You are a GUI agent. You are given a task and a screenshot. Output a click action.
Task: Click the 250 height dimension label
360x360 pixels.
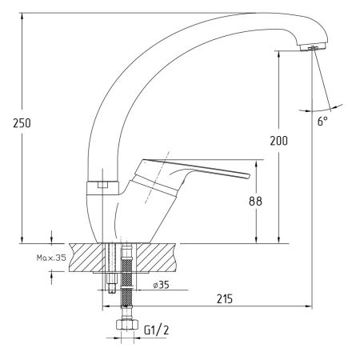[x=22, y=123]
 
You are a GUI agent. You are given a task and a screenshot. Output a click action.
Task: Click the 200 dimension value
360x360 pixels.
[x=279, y=141]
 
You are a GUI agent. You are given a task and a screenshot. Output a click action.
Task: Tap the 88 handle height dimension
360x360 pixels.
[x=255, y=201]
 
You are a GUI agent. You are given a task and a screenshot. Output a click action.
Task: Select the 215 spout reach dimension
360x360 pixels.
[x=225, y=298]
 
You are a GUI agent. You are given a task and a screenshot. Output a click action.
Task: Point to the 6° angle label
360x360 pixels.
[x=322, y=122]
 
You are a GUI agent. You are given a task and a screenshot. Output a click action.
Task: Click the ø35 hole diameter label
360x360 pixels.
[x=162, y=285]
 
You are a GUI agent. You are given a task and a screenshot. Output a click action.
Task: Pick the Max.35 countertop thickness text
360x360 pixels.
[x=51, y=258]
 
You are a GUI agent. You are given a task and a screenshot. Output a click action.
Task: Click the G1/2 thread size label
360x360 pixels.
[x=157, y=330]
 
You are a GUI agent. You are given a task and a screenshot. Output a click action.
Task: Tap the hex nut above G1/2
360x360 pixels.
[x=127, y=324]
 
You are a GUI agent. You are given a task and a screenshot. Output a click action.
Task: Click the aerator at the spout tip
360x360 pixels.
[x=313, y=47]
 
